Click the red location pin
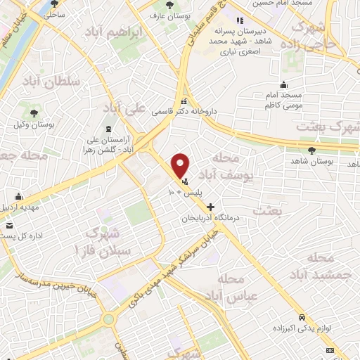coord(181,165)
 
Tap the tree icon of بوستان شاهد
coord(311,150)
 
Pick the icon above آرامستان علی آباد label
coord(108,129)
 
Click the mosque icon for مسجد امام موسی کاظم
coord(283,84)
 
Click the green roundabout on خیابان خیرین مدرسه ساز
coord(108,319)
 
